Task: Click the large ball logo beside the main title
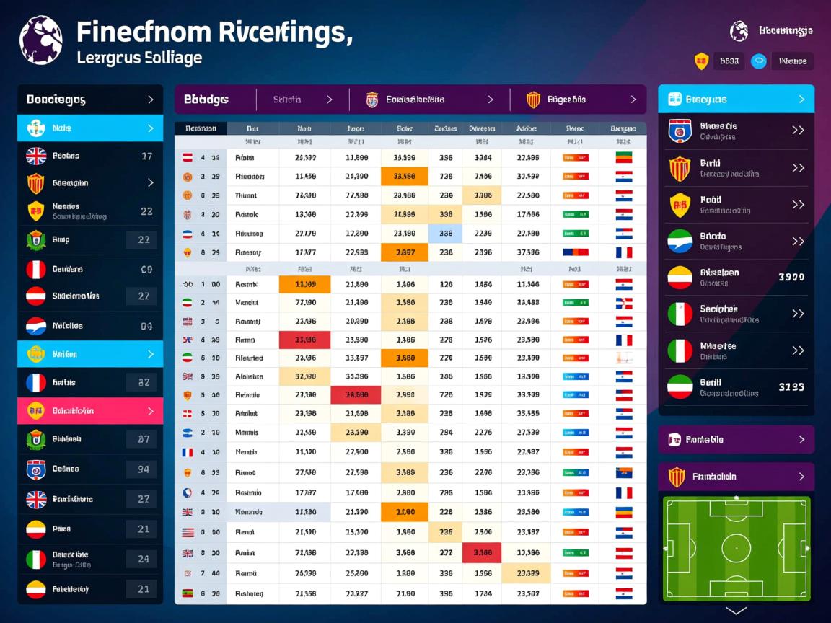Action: [x=40, y=40]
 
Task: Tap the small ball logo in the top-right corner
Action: [x=739, y=31]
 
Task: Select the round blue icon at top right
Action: [x=758, y=61]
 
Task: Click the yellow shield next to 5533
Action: [x=701, y=61]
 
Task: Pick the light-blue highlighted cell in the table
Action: [x=445, y=234]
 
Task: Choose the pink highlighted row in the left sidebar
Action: [x=90, y=411]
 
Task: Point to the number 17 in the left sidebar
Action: [x=146, y=156]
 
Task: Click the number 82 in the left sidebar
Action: [x=144, y=383]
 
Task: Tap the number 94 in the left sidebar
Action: [x=144, y=469]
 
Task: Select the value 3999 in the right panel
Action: [x=791, y=277]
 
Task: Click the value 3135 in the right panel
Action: [x=791, y=387]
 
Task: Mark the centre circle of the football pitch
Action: [x=737, y=548]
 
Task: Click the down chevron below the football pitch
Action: [x=737, y=611]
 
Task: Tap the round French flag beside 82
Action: [x=36, y=383]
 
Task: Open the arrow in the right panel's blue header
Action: [x=801, y=100]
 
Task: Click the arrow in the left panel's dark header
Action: [x=150, y=100]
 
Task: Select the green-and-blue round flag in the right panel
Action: [x=680, y=241]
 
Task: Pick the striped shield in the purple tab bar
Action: [x=533, y=100]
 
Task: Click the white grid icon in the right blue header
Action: [x=675, y=100]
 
